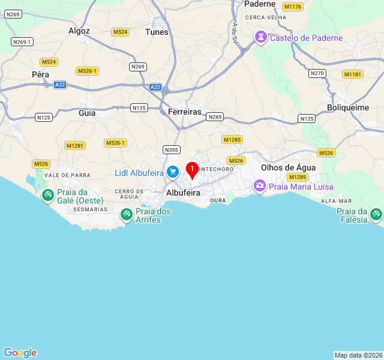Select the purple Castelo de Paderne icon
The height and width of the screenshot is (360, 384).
[261, 38]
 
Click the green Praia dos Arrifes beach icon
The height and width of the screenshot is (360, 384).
[127, 214]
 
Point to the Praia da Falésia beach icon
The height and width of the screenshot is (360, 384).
[376, 214]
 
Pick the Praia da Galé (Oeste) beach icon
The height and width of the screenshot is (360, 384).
[47, 196]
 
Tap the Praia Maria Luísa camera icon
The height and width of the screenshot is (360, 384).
[260, 186]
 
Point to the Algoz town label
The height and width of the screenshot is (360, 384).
[79, 31]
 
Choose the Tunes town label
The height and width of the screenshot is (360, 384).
[157, 32]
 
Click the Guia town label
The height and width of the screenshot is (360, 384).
[87, 112]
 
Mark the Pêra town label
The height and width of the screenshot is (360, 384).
[40, 74]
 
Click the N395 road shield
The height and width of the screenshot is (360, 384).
[172, 150]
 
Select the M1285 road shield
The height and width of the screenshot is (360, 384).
[232, 140]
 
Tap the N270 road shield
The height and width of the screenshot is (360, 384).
[317, 73]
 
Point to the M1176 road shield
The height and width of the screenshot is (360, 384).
[293, 7]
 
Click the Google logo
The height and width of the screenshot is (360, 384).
[20, 353]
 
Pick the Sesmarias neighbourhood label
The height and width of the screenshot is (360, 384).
[90, 209]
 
